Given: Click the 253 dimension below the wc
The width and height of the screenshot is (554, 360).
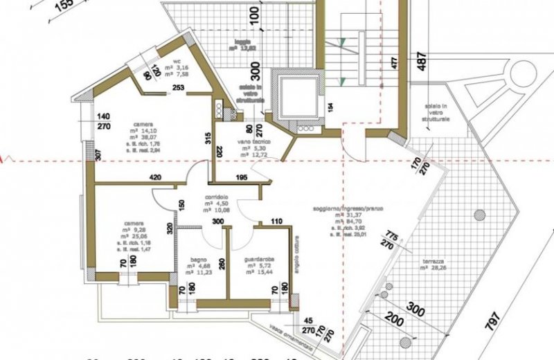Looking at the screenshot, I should [x=178, y=88].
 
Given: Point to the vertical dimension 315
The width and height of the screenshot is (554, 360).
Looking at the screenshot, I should [x=206, y=137].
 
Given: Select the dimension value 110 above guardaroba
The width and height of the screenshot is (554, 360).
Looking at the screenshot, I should [x=276, y=222].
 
